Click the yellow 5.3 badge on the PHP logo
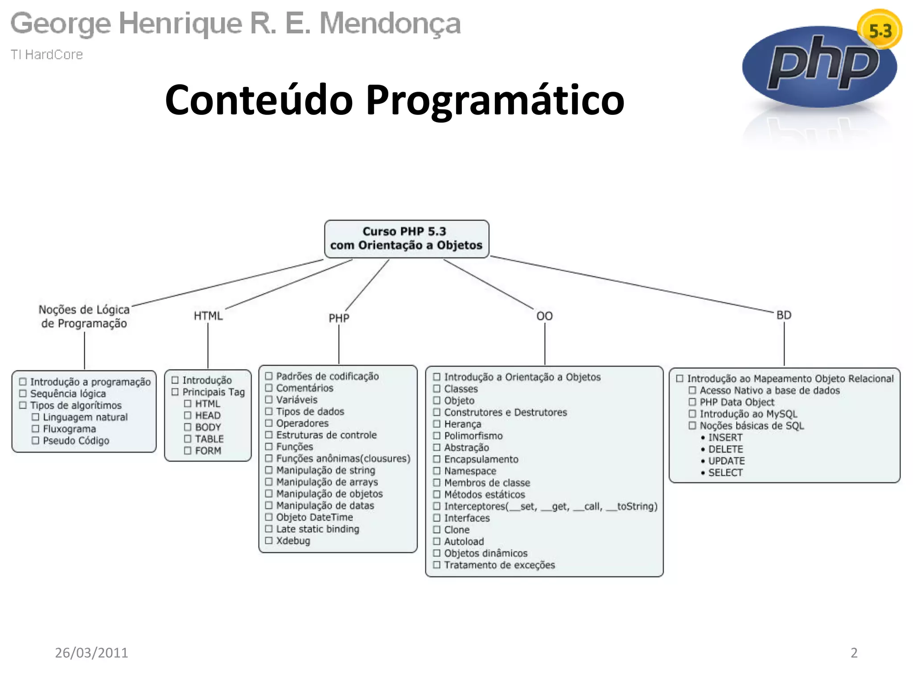click(880, 30)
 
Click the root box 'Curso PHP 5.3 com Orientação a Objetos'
click(406, 239)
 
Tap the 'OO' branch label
click(544, 316)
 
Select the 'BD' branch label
click(784, 315)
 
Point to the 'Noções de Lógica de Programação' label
click(84, 317)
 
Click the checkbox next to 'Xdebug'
click(269, 541)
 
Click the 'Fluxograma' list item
click(69, 429)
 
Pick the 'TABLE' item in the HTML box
click(209, 439)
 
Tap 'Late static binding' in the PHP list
click(317, 529)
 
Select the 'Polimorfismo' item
click(473, 436)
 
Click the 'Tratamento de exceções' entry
click(499, 565)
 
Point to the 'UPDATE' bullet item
click(726, 461)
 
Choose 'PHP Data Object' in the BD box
click(737, 402)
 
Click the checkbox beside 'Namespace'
click(437, 471)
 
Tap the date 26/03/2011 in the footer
click(91, 653)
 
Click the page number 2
click(854, 653)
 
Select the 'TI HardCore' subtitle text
click(47, 54)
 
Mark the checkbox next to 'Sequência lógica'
click(23, 394)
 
